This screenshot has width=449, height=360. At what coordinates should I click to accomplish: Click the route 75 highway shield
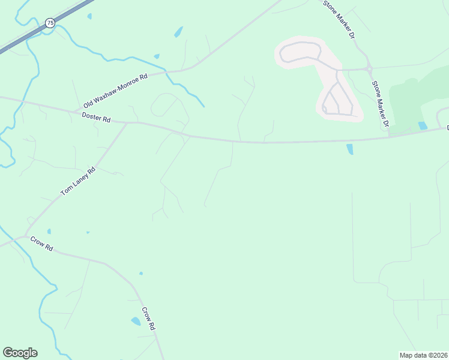click(50, 23)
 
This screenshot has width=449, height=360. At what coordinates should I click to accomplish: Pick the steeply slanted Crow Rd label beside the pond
click(149, 319)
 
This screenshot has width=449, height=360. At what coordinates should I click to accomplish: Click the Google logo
click(20, 353)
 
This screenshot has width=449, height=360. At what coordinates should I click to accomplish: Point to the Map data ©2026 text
click(423, 355)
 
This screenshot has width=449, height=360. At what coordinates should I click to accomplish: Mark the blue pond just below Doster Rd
click(349, 149)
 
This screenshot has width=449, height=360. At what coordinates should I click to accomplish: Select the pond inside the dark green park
click(423, 126)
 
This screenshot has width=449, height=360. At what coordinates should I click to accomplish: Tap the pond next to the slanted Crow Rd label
click(136, 321)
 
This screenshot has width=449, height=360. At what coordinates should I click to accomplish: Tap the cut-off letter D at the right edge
click(447, 127)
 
